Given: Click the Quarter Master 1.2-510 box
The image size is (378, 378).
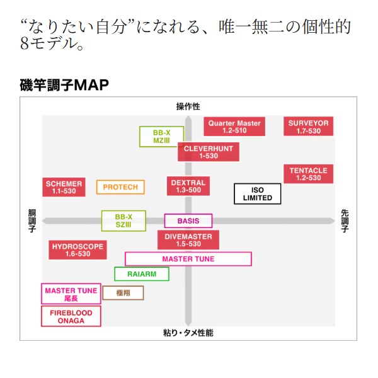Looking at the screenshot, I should click(x=234, y=127).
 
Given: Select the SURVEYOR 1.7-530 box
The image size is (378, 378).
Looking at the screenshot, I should click(x=309, y=127).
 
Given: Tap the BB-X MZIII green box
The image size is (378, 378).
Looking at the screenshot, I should click(x=161, y=137).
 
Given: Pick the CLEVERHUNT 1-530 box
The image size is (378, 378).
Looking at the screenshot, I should click(x=208, y=152).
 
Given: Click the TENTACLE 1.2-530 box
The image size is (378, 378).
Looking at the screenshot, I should click(x=309, y=175).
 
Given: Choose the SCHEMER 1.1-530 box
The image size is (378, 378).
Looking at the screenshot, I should click(x=64, y=187).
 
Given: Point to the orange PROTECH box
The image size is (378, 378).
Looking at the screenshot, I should click(x=120, y=187).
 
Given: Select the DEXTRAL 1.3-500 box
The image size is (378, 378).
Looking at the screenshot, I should click(x=188, y=186).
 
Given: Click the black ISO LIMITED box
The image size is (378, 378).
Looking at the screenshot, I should click(x=257, y=193).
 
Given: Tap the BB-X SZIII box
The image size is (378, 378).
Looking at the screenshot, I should click(x=123, y=220).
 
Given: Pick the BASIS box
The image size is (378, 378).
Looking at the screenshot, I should click(x=188, y=221).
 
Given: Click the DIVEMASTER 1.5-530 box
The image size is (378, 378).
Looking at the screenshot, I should click(x=188, y=240).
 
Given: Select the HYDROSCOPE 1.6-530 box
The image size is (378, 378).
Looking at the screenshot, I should click(x=77, y=250).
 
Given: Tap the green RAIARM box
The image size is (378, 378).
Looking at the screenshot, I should click(x=142, y=274).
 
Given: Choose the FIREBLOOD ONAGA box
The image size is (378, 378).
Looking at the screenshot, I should click(x=71, y=317).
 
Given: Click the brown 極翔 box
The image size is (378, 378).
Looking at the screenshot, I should click(x=123, y=293).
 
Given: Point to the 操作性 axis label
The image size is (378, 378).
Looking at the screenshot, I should click(x=188, y=106).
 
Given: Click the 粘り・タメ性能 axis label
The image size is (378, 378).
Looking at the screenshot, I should click(x=188, y=332).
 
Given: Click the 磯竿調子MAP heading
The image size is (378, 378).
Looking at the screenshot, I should click(x=64, y=85).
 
